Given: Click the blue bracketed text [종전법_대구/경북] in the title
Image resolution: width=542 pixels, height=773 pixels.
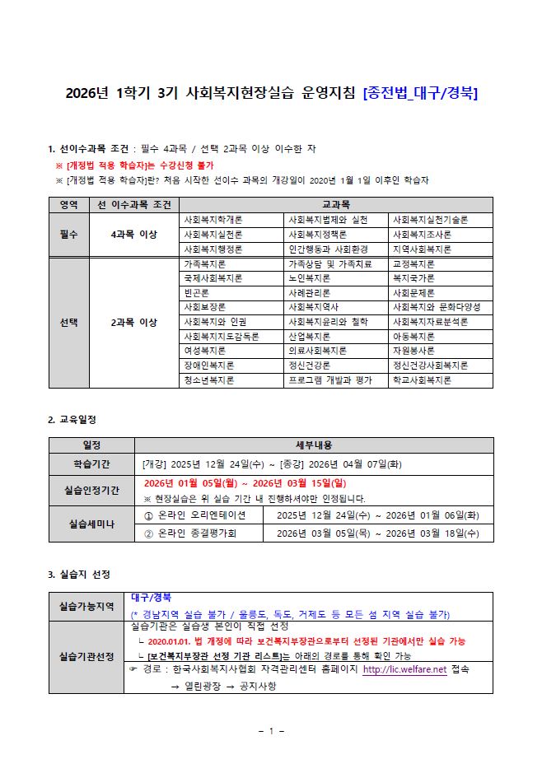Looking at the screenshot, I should point(421,93).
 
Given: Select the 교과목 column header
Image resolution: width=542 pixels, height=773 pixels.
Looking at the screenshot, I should point(335,204).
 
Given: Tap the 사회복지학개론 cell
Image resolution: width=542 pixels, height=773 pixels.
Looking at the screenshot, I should point(213,220).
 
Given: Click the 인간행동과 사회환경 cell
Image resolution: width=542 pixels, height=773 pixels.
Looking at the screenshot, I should point(325,249).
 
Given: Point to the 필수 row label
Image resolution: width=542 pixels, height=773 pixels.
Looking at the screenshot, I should point(68,235).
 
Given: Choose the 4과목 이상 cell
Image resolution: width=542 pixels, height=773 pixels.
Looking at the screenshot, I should point(133,235).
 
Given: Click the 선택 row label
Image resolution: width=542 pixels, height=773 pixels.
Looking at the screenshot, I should point(68,322).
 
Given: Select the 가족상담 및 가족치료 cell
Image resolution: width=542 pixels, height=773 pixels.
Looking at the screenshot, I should point(330,264).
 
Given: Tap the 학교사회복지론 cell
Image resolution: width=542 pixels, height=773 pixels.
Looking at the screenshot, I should point(422,380).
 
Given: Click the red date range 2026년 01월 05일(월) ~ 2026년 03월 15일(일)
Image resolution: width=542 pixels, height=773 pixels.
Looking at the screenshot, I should point(245,483).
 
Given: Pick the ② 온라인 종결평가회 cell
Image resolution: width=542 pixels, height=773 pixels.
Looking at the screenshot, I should point(195,533).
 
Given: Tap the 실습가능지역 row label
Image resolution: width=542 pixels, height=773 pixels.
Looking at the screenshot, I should point(86,606).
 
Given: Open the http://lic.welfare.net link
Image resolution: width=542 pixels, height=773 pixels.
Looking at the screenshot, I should point(404,670).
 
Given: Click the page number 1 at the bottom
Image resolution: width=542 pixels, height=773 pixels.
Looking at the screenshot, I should point(271,730).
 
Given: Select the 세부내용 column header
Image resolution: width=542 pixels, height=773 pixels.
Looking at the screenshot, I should point(314,445).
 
